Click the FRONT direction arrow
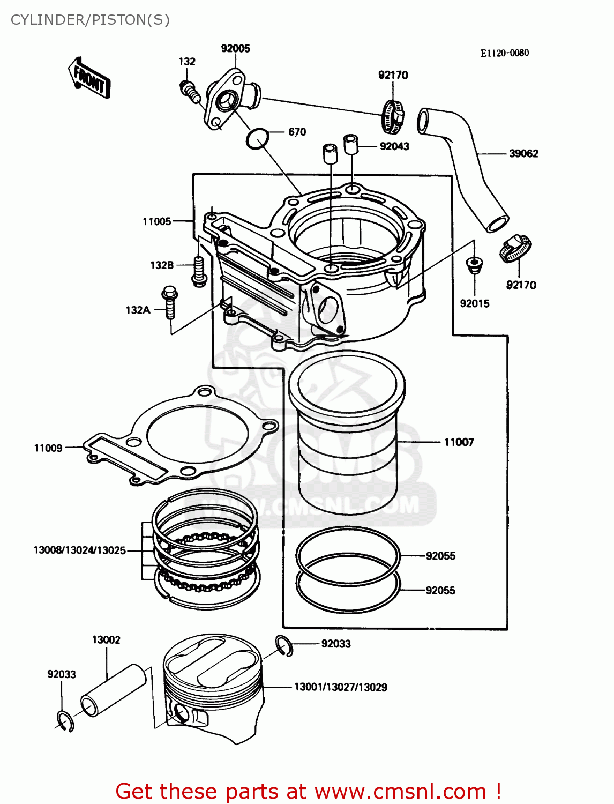click(x=89, y=78)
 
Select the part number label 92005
click(x=235, y=48)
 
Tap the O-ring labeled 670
click(x=257, y=139)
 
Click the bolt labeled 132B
click(x=199, y=271)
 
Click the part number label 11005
click(x=156, y=221)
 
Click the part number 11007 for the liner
click(x=459, y=442)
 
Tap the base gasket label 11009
click(x=48, y=448)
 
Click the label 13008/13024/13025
click(x=79, y=550)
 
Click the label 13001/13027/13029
click(x=340, y=687)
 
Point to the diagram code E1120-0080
click(x=504, y=53)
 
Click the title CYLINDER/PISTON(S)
click(x=90, y=20)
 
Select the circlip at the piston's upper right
click(x=284, y=645)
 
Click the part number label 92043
click(x=394, y=146)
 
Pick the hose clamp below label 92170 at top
click(x=393, y=115)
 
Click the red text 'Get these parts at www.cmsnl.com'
click(x=308, y=791)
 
